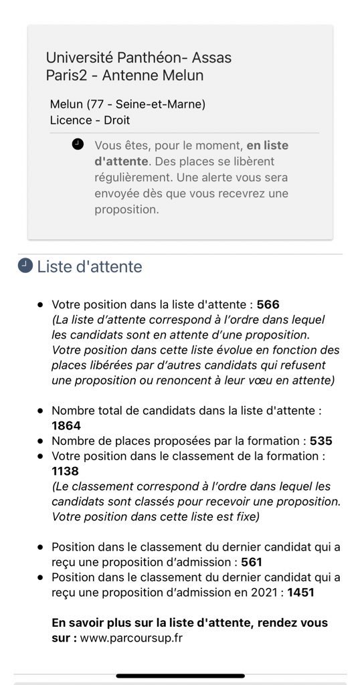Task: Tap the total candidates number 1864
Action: (66, 425)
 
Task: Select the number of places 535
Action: (321, 441)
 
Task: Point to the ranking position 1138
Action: (66, 472)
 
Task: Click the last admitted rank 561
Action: (252, 563)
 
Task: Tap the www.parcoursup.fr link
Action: (131, 638)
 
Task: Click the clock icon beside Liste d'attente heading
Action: (25, 266)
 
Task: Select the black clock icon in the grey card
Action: (78, 144)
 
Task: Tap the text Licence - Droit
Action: (90, 120)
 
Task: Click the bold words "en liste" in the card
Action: (268, 145)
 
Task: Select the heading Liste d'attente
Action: (90, 267)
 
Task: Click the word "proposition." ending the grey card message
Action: (127, 209)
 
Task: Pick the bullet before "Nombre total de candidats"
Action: (40, 411)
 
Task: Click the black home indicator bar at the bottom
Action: (180, 676)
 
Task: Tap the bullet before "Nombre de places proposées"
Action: (40, 442)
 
